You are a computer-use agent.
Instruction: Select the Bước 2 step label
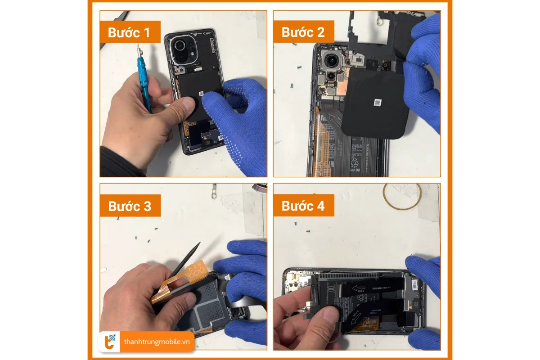(x=303, y=32)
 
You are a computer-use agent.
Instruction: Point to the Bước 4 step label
(x=303, y=206)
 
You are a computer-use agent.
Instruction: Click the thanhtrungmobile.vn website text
(x=157, y=342)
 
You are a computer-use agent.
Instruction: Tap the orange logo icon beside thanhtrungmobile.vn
(x=110, y=342)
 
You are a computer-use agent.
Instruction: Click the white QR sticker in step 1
(x=201, y=94)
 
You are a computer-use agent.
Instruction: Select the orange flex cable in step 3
(x=180, y=283)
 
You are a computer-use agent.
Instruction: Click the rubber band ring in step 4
(x=402, y=196)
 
